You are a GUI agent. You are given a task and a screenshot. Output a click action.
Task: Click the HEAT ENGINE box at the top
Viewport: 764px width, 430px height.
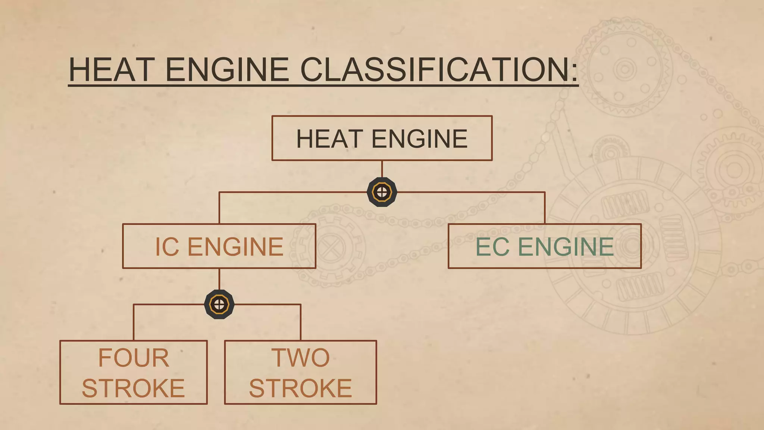[x=382, y=138]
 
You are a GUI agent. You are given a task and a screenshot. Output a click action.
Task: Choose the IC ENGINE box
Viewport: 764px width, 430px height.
[x=219, y=246]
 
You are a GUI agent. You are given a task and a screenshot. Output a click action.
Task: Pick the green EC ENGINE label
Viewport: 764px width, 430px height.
[x=545, y=247]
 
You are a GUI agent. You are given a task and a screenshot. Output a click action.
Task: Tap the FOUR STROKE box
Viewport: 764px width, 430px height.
[x=133, y=372]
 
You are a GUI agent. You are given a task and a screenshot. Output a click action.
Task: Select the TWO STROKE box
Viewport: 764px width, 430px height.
[x=300, y=372]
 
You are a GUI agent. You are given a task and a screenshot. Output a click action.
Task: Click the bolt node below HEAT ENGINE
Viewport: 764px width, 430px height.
[x=382, y=192]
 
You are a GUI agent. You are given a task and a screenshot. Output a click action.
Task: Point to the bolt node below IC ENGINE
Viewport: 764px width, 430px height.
[x=219, y=304]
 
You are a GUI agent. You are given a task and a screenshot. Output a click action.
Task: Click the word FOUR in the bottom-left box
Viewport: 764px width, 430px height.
[x=134, y=358]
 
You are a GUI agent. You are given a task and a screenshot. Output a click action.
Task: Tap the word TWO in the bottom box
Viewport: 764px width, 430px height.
[x=300, y=358]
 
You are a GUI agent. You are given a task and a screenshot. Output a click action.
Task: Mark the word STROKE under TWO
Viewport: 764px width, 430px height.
[x=300, y=388]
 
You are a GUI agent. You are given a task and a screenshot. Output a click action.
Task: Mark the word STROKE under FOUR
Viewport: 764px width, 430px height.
[x=133, y=388]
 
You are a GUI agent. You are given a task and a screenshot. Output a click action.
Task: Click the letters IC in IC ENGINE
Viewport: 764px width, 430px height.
[x=167, y=247]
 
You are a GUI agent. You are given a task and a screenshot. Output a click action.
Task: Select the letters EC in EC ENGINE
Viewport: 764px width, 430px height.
[x=492, y=247]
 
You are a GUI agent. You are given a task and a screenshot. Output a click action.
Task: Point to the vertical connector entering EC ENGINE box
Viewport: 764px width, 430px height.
[x=545, y=208]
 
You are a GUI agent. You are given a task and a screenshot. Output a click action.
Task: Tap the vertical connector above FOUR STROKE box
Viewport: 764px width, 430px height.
[x=134, y=322]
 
